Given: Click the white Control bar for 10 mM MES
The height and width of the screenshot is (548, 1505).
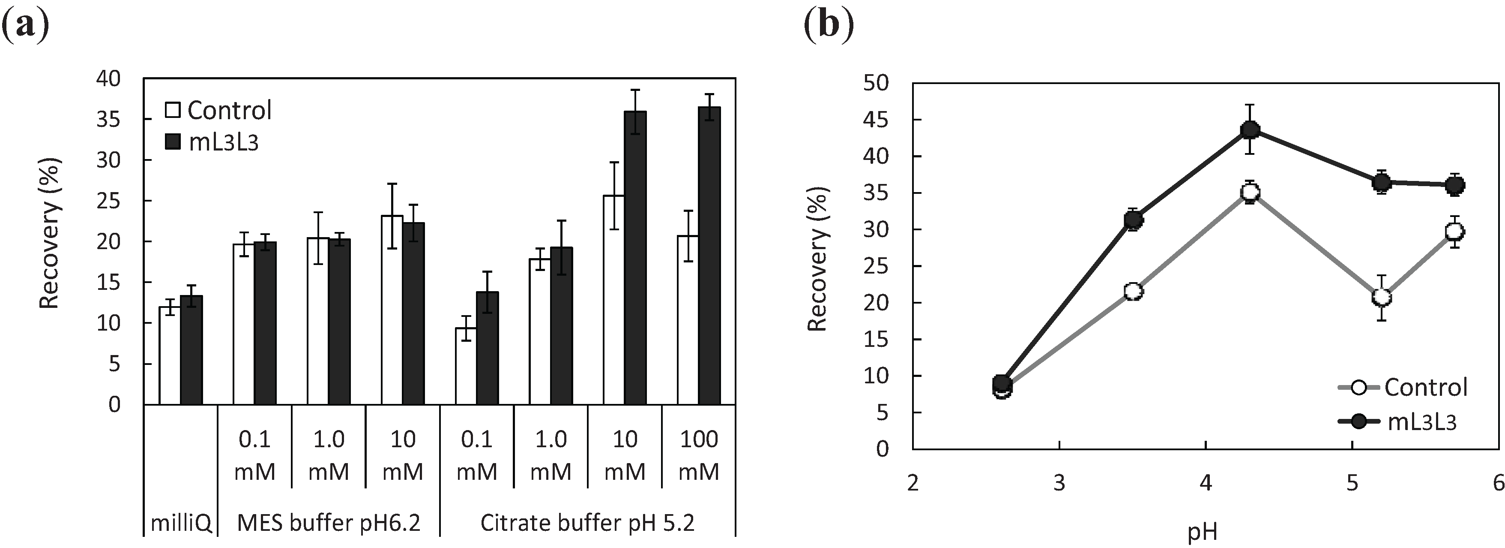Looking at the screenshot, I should (x=392, y=310).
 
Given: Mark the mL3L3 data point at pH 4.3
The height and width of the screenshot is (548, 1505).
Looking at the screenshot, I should (x=1250, y=130).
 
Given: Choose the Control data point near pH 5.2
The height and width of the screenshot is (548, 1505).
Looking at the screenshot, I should (x=1381, y=297).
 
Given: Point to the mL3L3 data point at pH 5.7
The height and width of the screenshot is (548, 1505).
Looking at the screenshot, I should (x=1455, y=185).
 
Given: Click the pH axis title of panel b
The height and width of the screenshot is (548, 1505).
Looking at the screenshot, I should (x=1203, y=532).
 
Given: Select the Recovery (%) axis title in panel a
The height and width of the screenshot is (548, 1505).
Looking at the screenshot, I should (x=50, y=233).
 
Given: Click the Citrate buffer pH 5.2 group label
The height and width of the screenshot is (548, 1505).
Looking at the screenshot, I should (x=587, y=522).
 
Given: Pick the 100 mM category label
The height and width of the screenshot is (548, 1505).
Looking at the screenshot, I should (x=699, y=455).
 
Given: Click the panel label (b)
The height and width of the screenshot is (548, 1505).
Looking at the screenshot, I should (x=829, y=24).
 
